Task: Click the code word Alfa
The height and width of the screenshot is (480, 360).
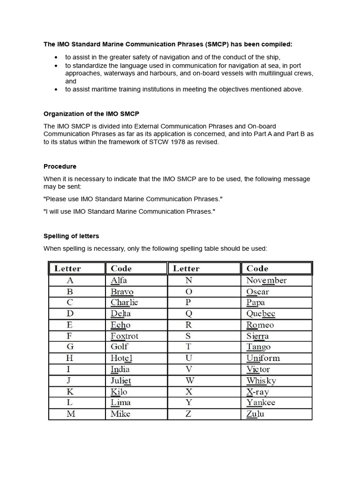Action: point(119,280)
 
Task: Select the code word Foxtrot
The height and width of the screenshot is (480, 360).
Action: point(124,336)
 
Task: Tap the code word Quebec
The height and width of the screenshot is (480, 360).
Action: point(261,314)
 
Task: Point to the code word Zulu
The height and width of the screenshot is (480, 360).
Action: point(255,413)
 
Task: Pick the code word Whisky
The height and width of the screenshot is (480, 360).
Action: point(261,381)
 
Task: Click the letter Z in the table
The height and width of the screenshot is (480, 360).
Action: point(189,413)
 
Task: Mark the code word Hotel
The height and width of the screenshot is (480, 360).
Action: point(122,358)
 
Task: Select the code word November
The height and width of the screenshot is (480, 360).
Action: point(266,280)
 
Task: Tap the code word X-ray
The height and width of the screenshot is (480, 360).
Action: point(257,392)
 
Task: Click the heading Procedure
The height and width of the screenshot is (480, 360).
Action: point(60,166)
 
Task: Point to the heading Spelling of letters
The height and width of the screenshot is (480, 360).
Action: point(71,236)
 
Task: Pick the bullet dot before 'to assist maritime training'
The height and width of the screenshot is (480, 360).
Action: point(56,90)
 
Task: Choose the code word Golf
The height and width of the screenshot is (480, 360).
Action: point(120,346)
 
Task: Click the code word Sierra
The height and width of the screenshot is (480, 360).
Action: point(257,336)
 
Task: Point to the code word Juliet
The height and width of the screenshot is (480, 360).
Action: point(121,381)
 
